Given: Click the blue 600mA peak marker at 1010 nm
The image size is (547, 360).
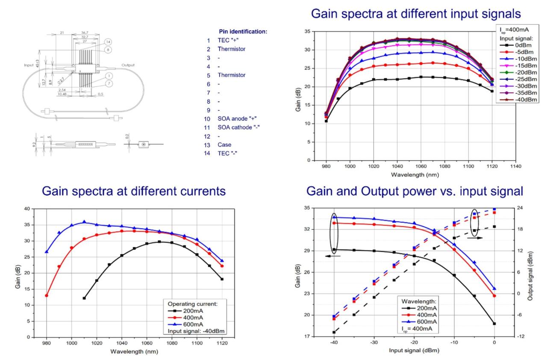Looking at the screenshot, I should coord(84,222).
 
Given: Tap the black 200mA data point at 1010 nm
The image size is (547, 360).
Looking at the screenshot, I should coord(84,298).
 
